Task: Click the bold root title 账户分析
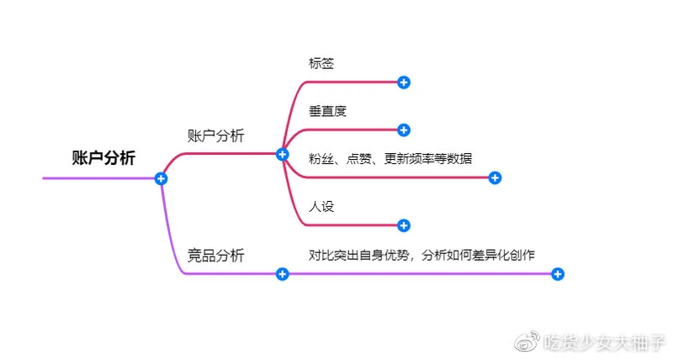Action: [x=103, y=158]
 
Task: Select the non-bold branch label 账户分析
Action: [x=215, y=135]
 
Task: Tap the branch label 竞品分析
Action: [x=215, y=256]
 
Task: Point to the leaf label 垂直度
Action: [x=328, y=111]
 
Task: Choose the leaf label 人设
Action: [x=322, y=206]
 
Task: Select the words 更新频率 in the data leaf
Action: [x=410, y=158]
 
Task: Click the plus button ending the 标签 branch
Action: [x=404, y=82]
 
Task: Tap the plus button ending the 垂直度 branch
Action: [x=404, y=130]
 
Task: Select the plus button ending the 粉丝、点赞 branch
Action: [x=495, y=177]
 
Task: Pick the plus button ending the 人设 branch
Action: [x=404, y=225]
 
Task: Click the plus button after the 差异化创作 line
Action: [x=558, y=273]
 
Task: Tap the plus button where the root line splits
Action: [x=161, y=178]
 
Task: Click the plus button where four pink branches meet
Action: [x=283, y=154]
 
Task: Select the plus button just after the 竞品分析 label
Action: [x=283, y=273]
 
